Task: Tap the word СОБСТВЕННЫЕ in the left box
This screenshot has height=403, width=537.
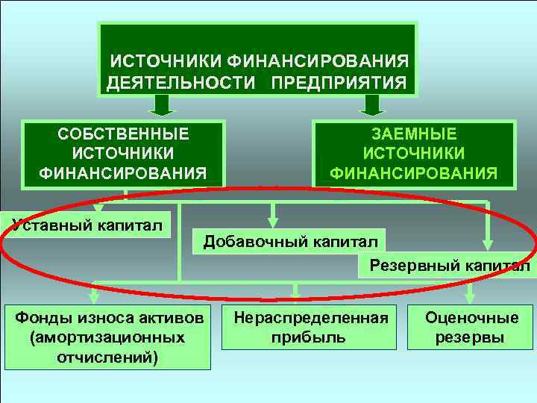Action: tap(123, 134)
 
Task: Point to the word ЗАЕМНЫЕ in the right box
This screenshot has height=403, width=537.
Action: tap(414, 134)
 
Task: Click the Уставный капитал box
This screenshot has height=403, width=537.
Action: tap(87, 225)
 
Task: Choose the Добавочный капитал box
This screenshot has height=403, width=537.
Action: tap(289, 241)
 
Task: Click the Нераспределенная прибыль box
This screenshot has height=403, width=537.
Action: tap(311, 327)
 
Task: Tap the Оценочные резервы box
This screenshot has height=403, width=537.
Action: tap(471, 327)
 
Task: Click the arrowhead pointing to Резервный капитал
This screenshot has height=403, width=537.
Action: tap(488, 242)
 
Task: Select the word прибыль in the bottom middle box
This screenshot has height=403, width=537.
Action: tap(311, 337)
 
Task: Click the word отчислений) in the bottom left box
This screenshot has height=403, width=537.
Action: tap(107, 357)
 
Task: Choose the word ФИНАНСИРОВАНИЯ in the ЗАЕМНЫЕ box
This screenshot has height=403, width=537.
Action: tap(414, 174)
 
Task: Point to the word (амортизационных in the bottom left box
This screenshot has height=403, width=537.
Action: tap(107, 337)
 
